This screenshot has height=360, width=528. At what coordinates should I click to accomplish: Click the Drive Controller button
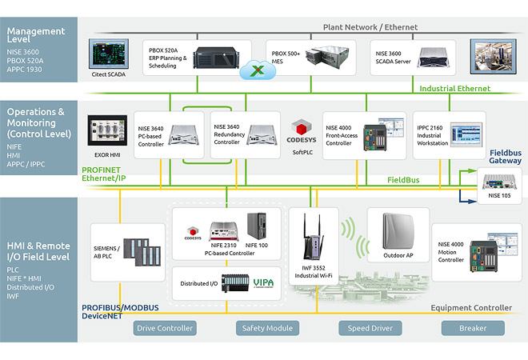165,328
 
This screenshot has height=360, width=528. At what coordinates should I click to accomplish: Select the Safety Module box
267,328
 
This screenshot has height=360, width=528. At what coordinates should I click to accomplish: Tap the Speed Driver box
370,328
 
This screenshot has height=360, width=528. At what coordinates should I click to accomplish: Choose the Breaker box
472,328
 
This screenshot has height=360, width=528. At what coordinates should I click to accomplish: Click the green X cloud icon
257,70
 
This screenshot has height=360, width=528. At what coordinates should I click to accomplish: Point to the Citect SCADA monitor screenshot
110,54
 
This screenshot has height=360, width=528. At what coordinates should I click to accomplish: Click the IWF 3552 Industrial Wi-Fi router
311,240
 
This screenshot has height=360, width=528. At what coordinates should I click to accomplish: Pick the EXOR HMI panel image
109,132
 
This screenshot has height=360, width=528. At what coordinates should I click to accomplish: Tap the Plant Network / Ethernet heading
370,27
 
